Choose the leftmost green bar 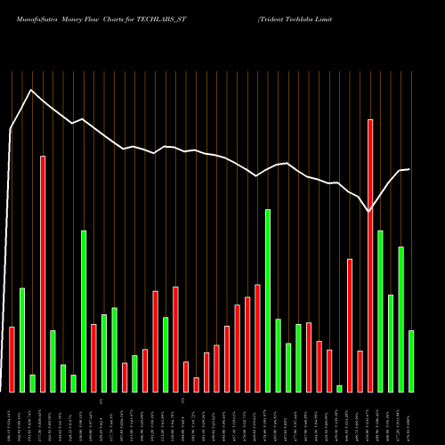coord(22,340)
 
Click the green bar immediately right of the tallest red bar coord(380,311)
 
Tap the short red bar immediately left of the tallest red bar coord(360,371)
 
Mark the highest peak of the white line coord(31,90)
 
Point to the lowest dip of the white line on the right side coord(369,212)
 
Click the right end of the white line coord(409,169)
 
